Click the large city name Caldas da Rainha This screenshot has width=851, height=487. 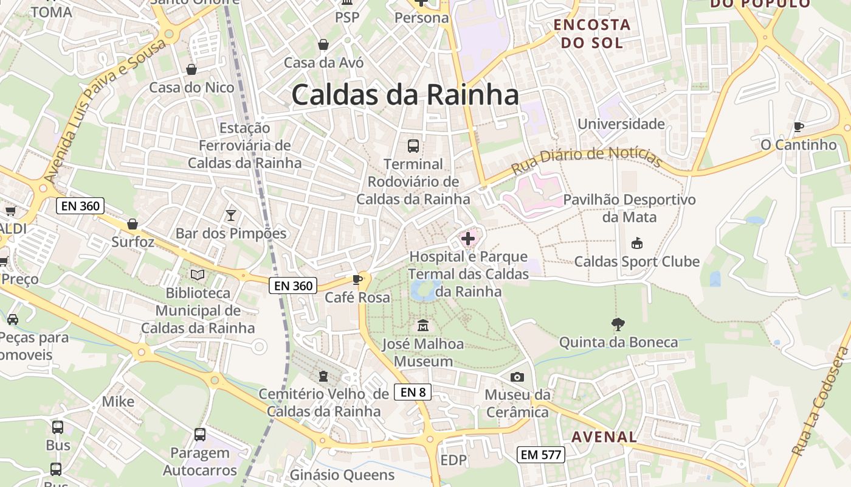tap(405, 95)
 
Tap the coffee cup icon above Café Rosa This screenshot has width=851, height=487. tap(357, 279)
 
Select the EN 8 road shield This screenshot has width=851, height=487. tap(413, 392)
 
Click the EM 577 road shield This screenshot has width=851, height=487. tap(541, 454)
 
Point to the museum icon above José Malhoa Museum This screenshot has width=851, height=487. tap(423, 326)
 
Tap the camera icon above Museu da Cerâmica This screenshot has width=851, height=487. tap(517, 377)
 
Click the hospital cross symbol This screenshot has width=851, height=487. tap(468, 239)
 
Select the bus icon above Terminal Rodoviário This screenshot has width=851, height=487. tap(413, 146)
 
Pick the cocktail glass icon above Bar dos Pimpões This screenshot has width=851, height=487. tap(231, 215)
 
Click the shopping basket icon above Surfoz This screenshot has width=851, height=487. tap(133, 224)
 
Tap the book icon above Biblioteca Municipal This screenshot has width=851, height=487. tap(198, 275)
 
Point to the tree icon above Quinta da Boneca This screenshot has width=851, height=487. tap(618, 324)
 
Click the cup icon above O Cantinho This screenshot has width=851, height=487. tap(799, 127)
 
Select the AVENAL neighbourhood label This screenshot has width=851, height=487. tap(604, 436)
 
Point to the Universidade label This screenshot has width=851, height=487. tap(621, 124)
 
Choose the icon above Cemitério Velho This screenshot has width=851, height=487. tap(323, 376)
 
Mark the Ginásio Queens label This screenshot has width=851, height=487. tap(342, 475)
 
